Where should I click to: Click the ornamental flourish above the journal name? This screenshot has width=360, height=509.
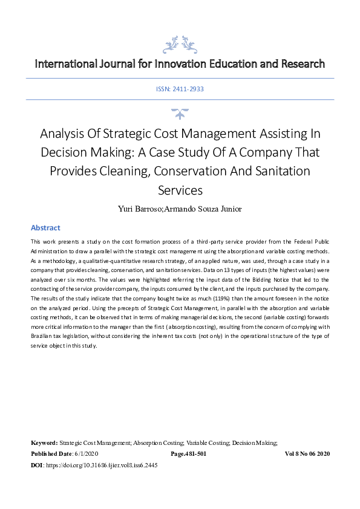(x=179, y=43)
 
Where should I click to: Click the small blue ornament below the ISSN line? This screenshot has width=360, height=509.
(x=180, y=114)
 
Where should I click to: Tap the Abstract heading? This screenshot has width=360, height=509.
(x=45, y=228)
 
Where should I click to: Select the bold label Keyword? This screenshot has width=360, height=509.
(x=44, y=443)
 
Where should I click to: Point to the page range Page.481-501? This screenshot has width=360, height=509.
(x=189, y=454)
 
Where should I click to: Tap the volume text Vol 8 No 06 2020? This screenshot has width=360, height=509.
(x=307, y=454)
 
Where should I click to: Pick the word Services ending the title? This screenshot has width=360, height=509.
(x=180, y=190)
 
